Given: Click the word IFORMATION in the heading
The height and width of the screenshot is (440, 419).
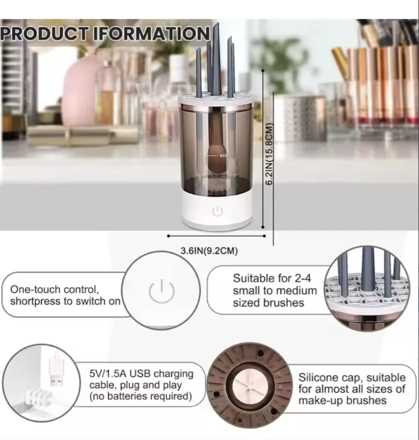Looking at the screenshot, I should (x=152, y=33).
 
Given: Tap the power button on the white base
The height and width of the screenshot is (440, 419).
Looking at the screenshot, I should (x=217, y=211).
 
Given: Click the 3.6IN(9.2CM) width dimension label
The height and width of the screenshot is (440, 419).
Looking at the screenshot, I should (x=209, y=251).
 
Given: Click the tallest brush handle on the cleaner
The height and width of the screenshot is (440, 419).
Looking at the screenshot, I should (x=216, y=58).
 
